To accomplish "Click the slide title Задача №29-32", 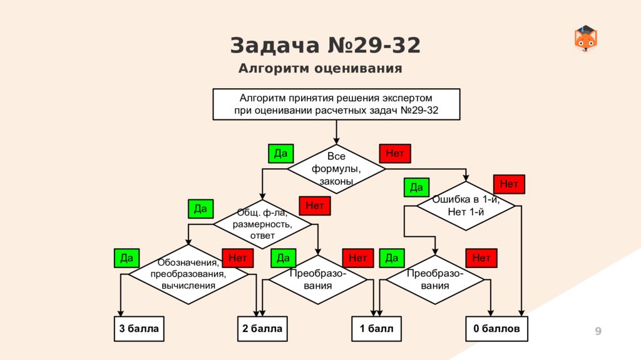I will coord(325,46).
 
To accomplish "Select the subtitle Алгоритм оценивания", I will coord(320,69).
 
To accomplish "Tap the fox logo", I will coord(586,39).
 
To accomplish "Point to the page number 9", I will coord(598,331).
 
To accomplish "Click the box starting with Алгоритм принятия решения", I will coord(337,104).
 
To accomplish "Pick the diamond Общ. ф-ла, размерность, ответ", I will coord(262,224).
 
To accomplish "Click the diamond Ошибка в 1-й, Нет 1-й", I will coord(466,206).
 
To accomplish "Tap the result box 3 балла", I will coord(139,329).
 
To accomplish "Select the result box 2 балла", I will coord(262,329).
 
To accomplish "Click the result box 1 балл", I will coord(376,329).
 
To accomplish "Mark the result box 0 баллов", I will coord(496,329).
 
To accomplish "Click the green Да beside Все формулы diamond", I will coord(281,153).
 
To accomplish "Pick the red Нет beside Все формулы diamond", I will coord(395,153).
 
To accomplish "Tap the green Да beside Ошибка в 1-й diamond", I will coord(416,187).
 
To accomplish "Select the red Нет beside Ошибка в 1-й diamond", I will coord(509,184).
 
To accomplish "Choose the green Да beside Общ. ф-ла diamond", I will coord(200,209).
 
